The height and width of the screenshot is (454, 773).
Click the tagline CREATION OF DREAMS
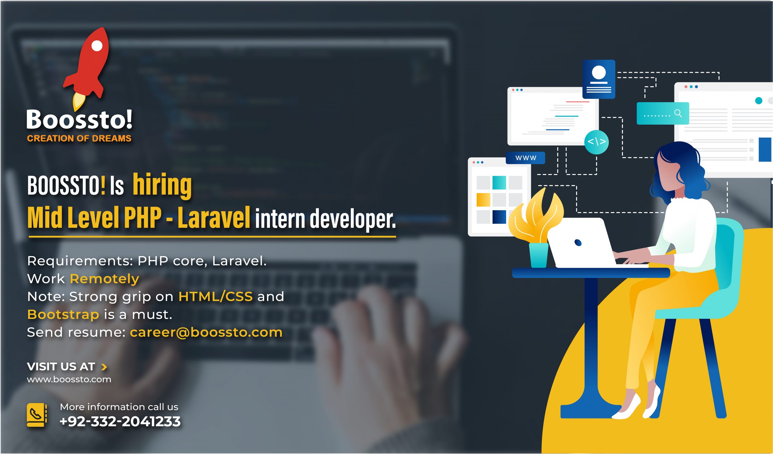(79, 138)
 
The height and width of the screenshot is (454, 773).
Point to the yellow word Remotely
(104, 279)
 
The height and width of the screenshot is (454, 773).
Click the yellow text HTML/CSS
(216, 297)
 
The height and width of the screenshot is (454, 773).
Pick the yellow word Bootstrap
(63, 315)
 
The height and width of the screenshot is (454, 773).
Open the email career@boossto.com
(206, 332)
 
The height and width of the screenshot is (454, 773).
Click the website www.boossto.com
(69, 379)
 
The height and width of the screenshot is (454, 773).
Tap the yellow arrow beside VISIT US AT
(104, 367)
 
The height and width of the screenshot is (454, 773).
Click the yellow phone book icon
(37, 415)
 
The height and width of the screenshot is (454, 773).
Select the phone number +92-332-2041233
(120, 421)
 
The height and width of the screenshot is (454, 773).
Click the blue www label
(525, 158)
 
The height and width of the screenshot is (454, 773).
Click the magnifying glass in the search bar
(678, 114)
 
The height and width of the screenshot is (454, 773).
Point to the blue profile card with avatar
(599, 79)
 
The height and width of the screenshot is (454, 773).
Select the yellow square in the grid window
(483, 200)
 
